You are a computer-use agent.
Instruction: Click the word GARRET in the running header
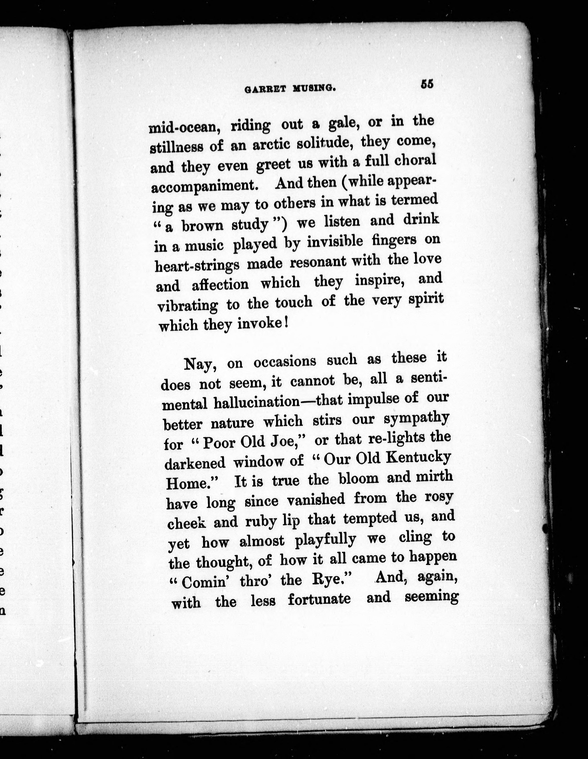coord(266,89)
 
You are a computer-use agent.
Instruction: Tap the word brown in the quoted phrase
coord(203,226)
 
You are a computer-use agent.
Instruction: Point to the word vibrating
coord(188,306)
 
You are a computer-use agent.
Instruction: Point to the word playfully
coord(325,540)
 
